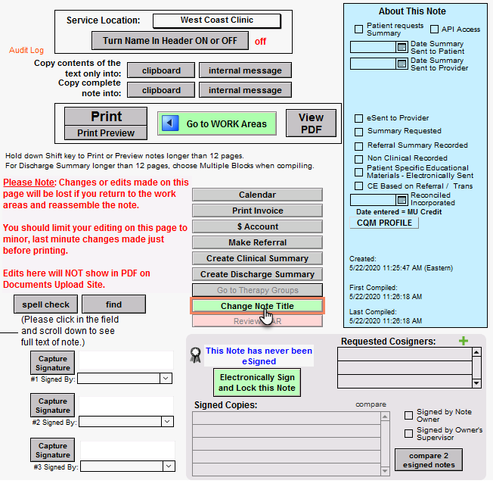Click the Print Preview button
click(106, 133)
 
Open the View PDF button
click(311, 123)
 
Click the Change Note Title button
click(257, 306)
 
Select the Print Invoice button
click(257, 211)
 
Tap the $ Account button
click(257, 226)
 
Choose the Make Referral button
click(257, 242)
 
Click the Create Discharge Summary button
click(257, 274)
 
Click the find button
click(113, 304)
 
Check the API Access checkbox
click(435, 30)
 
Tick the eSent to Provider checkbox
click(359, 118)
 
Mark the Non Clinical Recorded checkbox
click(359, 159)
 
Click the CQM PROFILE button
click(384, 223)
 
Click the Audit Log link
click(26, 50)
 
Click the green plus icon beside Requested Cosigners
click(464, 341)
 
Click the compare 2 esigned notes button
click(429, 460)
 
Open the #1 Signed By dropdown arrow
click(166, 378)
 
